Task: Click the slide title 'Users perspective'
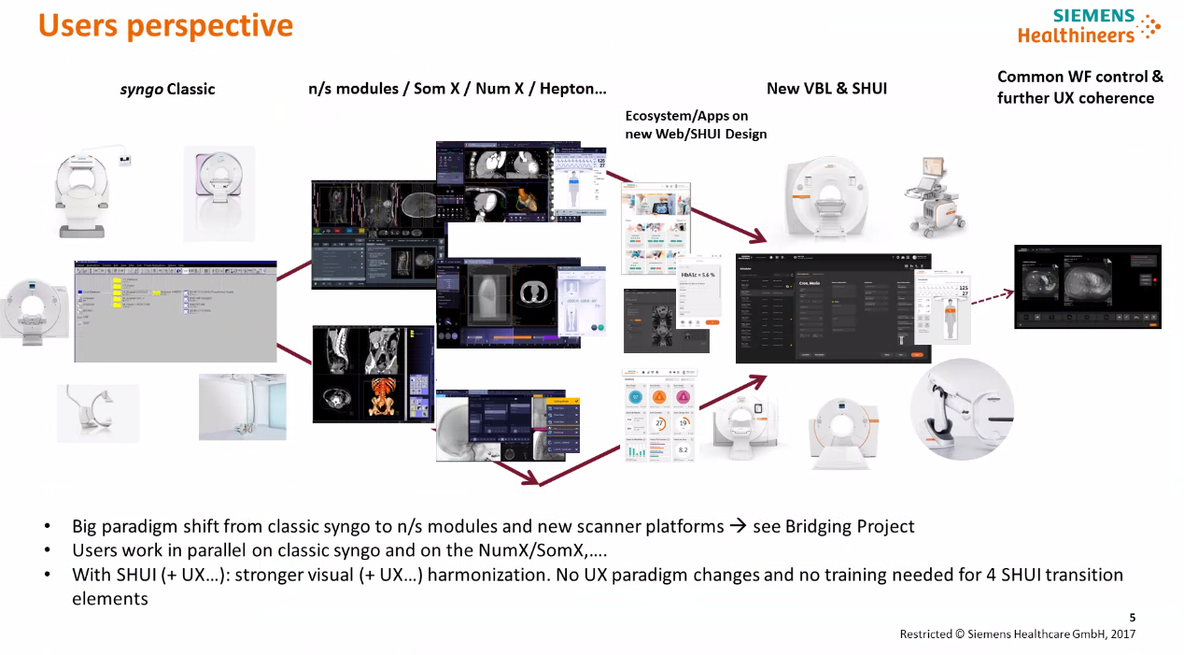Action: click(x=165, y=25)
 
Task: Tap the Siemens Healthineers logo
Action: click(x=1089, y=26)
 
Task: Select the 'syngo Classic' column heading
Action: click(x=167, y=90)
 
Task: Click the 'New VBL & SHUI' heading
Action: click(x=826, y=89)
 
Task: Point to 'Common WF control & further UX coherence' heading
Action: click(x=1079, y=87)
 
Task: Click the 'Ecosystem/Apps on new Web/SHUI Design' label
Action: click(x=696, y=125)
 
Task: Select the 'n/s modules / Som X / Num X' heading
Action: click(x=457, y=90)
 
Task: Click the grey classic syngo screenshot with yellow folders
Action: click(x=176, y=311)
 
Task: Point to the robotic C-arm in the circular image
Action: click(x=962, y=409)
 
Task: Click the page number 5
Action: click(x=1133, y=617)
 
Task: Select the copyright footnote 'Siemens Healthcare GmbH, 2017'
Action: click(x=1018, y=634)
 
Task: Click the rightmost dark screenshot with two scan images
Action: click(x=1087, y=287)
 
